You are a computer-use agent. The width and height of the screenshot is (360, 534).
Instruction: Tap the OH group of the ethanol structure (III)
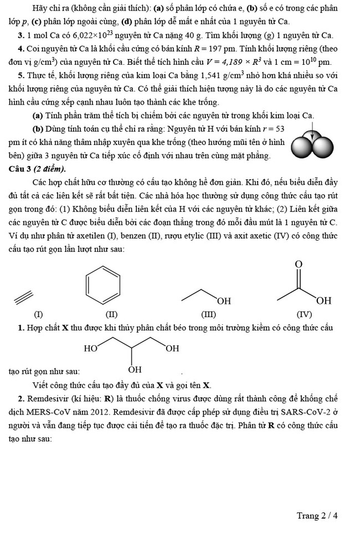pos(224,301)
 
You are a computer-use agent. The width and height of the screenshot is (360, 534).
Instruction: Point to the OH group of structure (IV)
pos(324,301)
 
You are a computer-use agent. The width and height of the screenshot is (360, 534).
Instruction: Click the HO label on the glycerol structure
pos(91,348)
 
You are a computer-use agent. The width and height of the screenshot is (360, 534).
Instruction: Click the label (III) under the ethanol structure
pos(208,315)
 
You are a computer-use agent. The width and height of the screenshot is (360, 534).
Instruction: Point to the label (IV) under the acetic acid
pos(304,315)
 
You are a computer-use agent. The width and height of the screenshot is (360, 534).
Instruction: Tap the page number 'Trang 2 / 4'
pos(317,515)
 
